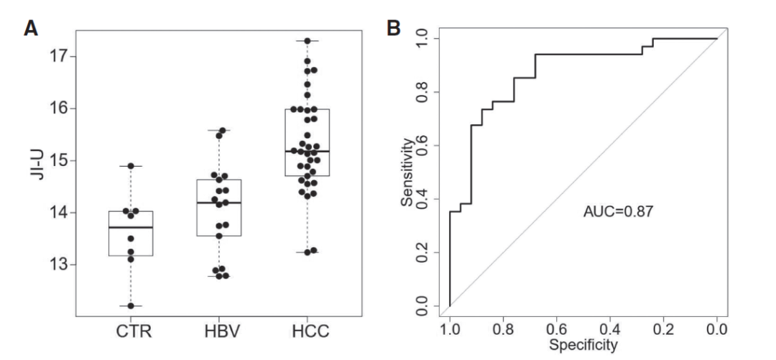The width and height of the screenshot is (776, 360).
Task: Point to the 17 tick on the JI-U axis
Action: pyautogui.click(x=59, y=56)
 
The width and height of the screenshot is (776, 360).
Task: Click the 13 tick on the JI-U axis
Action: pyautogui.click(x=59, y=264)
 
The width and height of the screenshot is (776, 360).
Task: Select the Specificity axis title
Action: pyautogui.click(x=583, y=346)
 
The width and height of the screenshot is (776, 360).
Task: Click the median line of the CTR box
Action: pyautogui.click(x=131, y=227)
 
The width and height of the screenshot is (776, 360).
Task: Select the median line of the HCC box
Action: pyautogui.click(x=308, y=152)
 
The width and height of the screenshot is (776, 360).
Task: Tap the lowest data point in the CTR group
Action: pyautogui.click(x=131, y=306)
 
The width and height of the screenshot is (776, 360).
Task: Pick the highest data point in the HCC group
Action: pyautogui.click(x=308, y=41)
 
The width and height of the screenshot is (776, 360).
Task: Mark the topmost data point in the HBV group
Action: pyautogui.click(x=222, y=131)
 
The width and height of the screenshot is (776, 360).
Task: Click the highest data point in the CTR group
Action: pyautogui.click(x=131, y=166)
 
